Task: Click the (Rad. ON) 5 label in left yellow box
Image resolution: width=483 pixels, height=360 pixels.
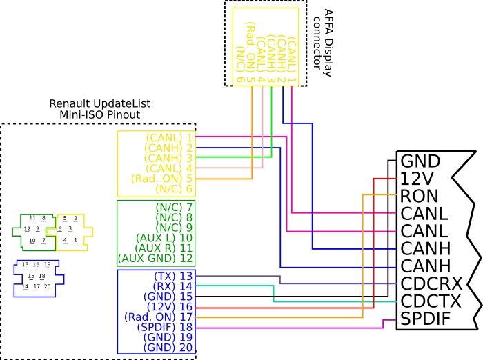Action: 161,179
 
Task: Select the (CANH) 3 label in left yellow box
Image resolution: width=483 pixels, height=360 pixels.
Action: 168,158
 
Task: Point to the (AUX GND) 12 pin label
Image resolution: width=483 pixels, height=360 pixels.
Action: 156,259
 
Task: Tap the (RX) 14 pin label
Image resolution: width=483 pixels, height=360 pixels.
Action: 173,286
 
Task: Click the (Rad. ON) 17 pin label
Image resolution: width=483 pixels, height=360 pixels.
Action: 159,317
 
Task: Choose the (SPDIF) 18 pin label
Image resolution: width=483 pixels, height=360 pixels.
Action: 166,327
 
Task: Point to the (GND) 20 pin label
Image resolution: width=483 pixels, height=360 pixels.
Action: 168,348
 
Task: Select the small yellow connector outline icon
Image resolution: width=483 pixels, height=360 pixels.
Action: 70,233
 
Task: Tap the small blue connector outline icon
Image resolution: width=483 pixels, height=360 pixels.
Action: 38,279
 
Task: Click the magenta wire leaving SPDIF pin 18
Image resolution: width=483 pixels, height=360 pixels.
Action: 290,328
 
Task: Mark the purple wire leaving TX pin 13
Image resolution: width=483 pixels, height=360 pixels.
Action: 238,276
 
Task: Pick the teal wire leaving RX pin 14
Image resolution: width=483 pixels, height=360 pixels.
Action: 235,286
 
